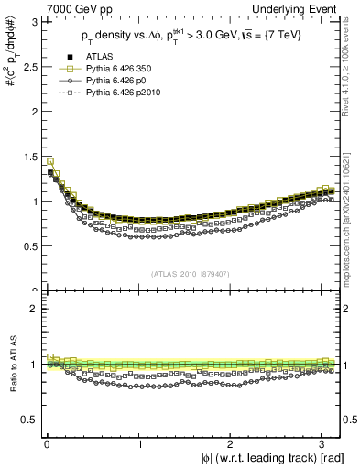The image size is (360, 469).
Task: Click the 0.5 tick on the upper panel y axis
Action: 27,245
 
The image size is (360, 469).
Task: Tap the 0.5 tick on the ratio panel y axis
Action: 27,420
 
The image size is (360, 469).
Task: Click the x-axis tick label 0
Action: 47,443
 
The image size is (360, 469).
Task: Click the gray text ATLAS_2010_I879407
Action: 191,274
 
